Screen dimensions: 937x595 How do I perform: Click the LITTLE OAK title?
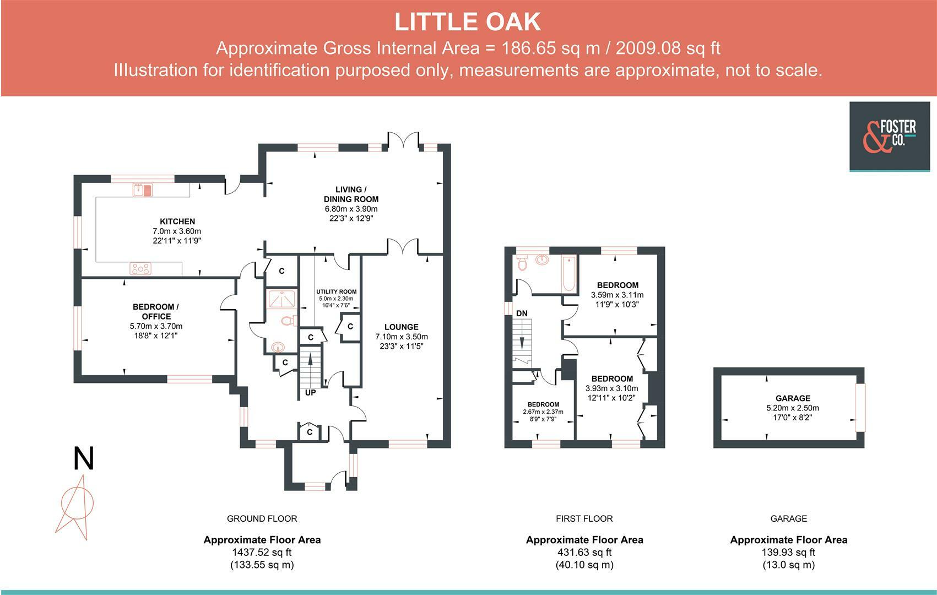click(x=468, y=22)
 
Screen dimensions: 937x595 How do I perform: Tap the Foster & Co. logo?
click(x=889, y=137)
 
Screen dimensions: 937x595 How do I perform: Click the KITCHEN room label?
click(x=177, y=221)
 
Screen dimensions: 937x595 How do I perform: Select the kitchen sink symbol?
click(x=143, y=190)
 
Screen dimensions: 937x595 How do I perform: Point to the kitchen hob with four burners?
click(x=140, y=269)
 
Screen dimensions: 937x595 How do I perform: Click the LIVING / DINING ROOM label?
click(x=351, y=194)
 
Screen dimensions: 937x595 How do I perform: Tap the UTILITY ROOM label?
click(x=337, y=291)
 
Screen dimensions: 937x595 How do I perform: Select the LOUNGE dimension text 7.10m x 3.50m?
click(x=402, y=337)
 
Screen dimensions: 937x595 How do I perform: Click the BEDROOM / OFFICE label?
click(x=156, y=312)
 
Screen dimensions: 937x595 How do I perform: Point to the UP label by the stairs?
click(x=310, y=392)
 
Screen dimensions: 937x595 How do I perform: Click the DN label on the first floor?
click(x=522, y=313)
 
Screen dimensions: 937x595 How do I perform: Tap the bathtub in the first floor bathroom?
click(x=569, y=274)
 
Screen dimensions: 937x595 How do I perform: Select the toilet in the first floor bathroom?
click(x=522, y=263)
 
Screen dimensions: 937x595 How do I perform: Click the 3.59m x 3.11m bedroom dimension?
click(x=618, y=295)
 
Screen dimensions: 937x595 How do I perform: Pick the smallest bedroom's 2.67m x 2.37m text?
click(x=543, y=412)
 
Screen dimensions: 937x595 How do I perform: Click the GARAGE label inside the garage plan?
click(x=793, y=398)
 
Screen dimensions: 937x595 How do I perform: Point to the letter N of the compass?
click(x=84, y=458)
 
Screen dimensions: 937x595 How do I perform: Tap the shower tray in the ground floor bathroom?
click(x=281, y=300)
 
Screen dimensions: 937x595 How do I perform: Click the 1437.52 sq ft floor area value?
click(x=262, y=553)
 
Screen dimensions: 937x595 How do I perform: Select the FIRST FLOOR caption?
click(x=584, y=519)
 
